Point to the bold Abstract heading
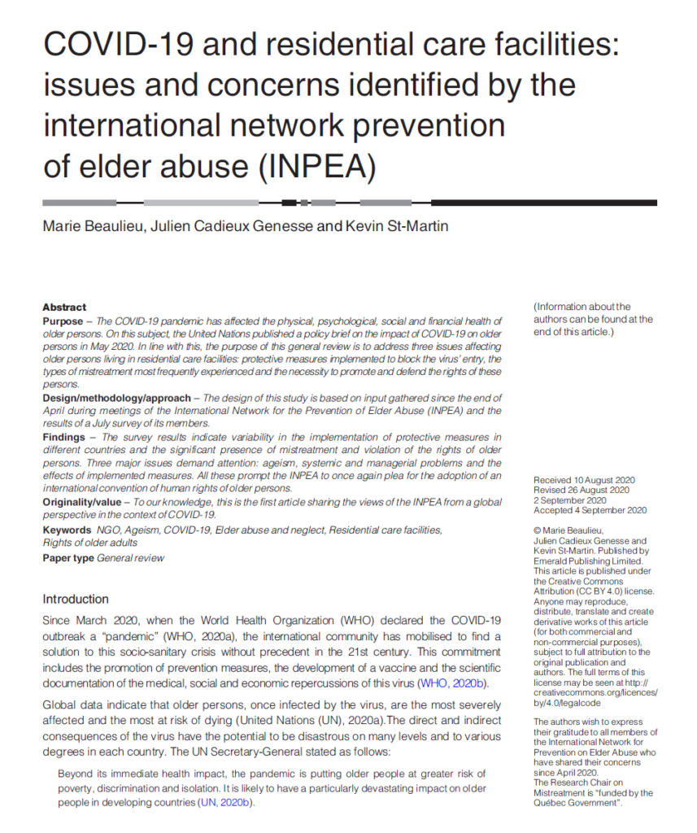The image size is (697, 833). (64, 307)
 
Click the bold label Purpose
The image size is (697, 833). (63, 321)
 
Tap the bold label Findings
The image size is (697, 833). (64, 437)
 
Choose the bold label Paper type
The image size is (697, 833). (68, 558)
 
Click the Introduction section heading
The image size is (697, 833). (75, 600)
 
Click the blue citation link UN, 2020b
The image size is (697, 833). (224, 802)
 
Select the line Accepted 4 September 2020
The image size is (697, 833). (590, 510)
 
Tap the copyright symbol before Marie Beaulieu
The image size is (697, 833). (537, 530)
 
